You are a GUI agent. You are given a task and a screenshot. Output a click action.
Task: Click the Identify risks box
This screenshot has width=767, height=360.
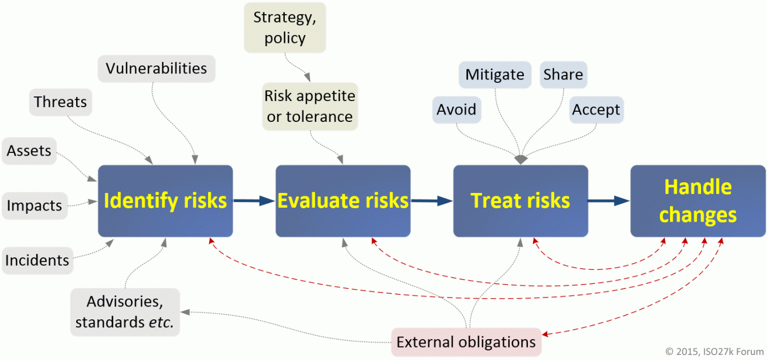pyautogui.click(x=165, y=201)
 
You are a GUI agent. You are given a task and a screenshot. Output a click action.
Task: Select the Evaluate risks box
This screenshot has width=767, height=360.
pyautogui.click(x=342, y=201)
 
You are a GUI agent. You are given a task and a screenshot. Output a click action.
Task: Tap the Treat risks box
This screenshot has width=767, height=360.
pyautogui.click(x=520, y=201)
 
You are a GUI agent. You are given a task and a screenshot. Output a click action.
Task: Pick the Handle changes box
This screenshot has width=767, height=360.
pyautogui.click(x=698, y=201)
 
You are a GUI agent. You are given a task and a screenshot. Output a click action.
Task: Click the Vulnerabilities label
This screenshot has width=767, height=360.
pyautogui.click(x=156, y=69)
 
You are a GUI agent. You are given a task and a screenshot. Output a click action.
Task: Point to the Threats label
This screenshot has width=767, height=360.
pyautogui.click(x=60, y=102)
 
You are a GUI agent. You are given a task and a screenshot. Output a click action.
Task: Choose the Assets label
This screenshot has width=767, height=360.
pyautogui.click(x=29, y=151)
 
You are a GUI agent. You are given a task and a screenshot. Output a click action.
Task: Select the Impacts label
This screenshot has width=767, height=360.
pyautogui.click(x=34, y=206)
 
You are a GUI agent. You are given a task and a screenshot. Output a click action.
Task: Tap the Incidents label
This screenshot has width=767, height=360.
pyautogui.click(x=37, y=261)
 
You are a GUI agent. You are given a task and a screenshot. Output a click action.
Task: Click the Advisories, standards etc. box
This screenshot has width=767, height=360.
pyautogui.click(x=125, y=312)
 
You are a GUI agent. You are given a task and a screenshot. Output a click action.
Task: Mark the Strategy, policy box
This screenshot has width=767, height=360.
pyautogui.click(x=285, y=28)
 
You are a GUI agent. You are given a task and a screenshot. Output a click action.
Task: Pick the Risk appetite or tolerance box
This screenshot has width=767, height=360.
pyautogui.click(x=310, y=106)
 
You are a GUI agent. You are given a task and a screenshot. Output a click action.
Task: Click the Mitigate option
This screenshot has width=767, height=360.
pyautogui.click(x=495, y=75)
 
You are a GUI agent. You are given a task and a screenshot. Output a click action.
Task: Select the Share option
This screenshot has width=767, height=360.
pyautogui.click(x=563, y=75)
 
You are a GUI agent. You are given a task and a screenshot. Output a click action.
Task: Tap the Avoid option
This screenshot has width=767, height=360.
pyautogui.click(x=456, y=109)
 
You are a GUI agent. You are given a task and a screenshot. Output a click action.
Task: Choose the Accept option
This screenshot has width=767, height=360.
pyautogui.click(x=596, y=109)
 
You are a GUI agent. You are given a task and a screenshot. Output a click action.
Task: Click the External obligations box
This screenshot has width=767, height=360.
pyautogui.click(x=466, y=342)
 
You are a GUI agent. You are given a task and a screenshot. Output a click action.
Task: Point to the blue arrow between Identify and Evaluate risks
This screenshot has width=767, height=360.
pyautogui.click(x=254, y=200)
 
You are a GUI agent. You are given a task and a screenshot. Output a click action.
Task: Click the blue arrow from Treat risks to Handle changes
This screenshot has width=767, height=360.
pyautogui.click(x=609, y=200)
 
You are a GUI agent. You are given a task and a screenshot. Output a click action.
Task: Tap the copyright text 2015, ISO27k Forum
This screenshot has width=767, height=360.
pyautogui.click(x=713, y=351)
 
